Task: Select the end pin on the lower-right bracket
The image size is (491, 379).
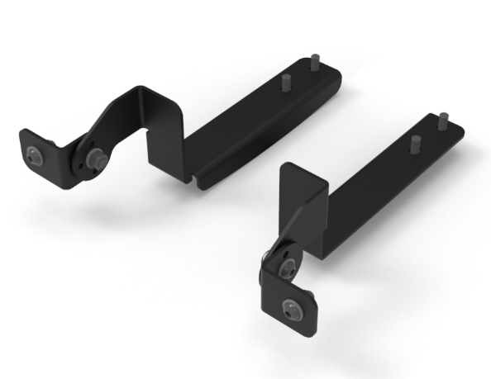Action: [x=443, y=120]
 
